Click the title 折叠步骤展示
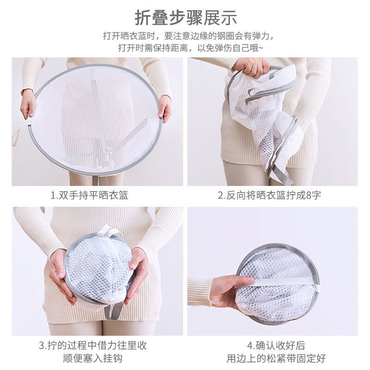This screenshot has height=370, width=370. (x=185, y=17)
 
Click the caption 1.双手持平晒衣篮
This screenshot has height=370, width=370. (x=89, y=195)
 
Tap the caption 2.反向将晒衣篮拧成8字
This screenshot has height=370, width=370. (x=269, y=195)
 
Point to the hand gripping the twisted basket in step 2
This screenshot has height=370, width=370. (x=252, y=67)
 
